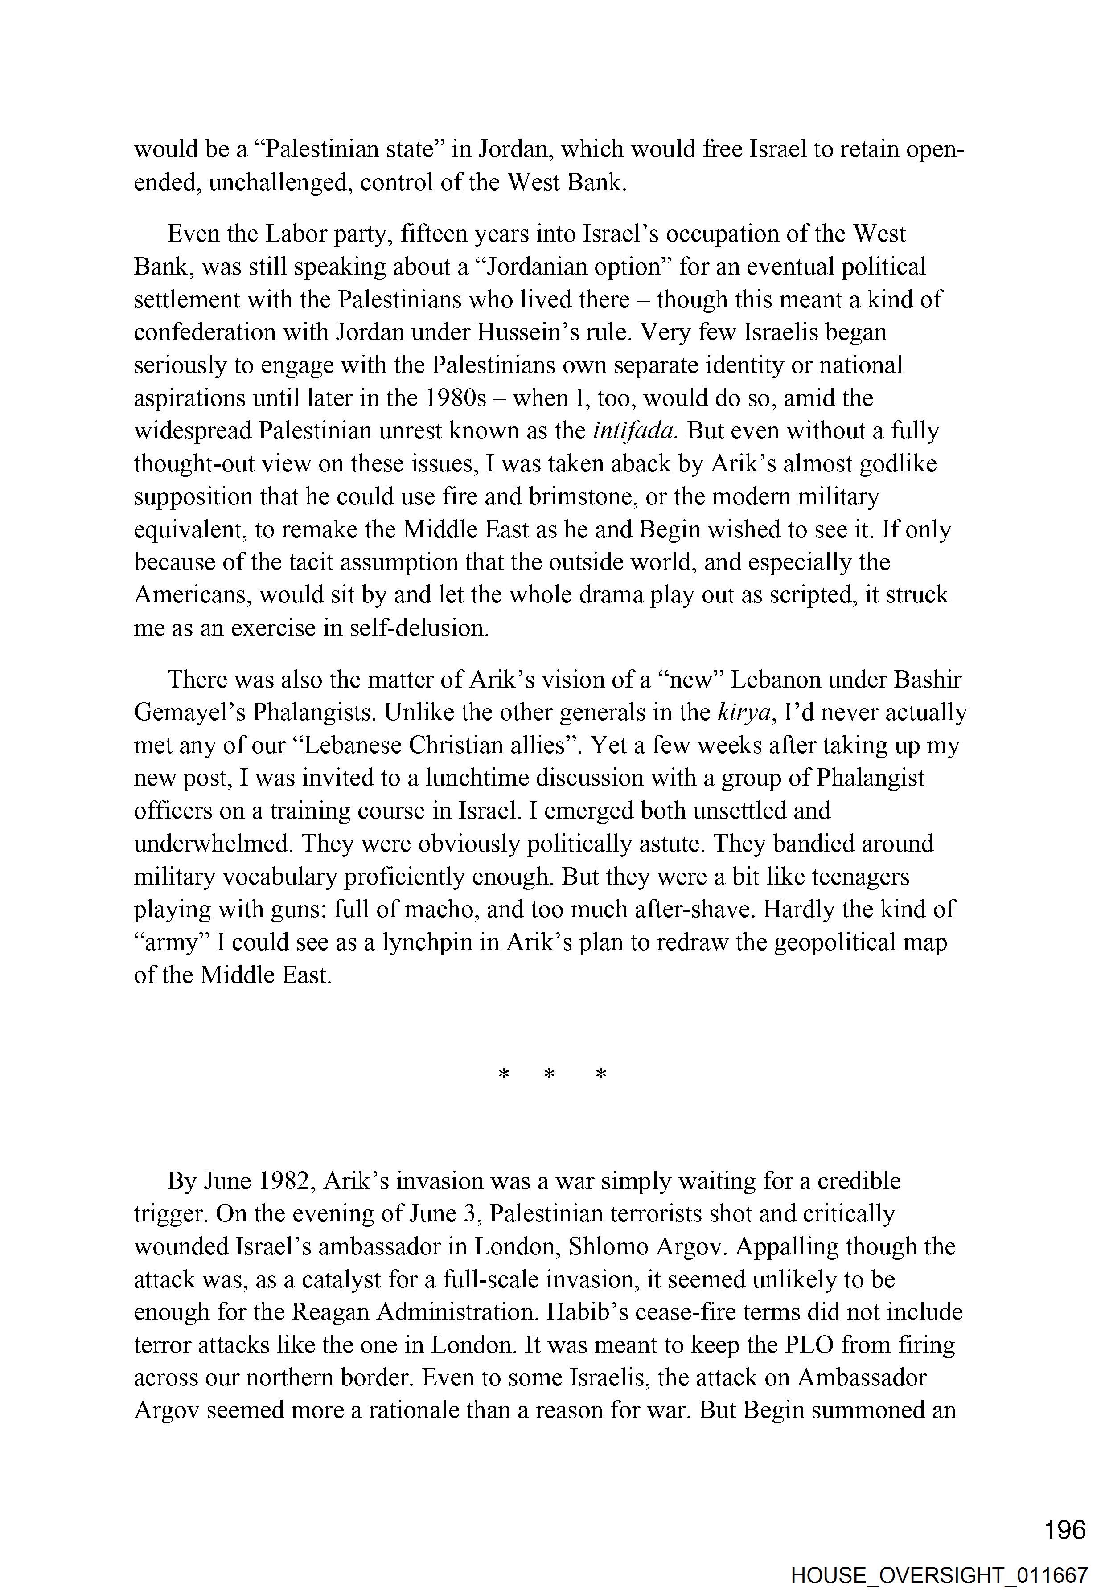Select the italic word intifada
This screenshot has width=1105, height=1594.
[x=635, y=430]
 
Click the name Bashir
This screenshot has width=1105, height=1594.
[x=927, y=680]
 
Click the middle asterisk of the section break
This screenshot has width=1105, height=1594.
[x=550, y=1075]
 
